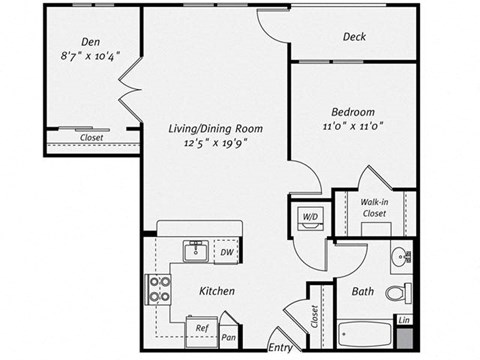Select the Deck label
354,37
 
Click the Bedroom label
354,112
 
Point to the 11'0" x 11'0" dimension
354,128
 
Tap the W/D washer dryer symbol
309,216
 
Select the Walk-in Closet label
374,207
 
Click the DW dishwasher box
227,252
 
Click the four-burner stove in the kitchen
160,289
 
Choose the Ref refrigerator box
201,327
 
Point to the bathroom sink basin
401,256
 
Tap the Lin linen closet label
404,320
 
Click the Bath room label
362,292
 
